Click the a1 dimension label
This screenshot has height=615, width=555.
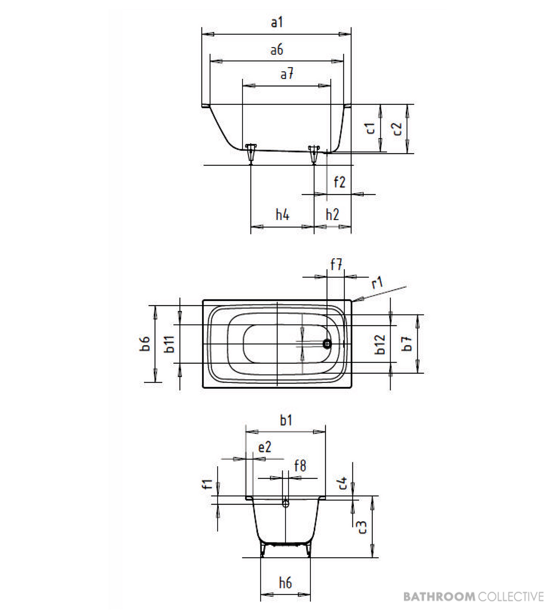tap(277, 22)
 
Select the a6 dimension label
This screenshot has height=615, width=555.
tap(277, 50)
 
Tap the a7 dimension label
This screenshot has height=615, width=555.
tap(287, 74)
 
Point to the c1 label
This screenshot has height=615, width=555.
tap(370, 128)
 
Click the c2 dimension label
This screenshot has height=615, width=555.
tap(397, 129)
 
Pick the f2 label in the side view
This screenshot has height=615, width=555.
tap(339, 182)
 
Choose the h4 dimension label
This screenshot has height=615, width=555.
tap(282, 214)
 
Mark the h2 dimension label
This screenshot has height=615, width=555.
tap(332, 214)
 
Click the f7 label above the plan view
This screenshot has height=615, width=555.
tap(336, 264)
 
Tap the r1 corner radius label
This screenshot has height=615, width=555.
tap(377, 283)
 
